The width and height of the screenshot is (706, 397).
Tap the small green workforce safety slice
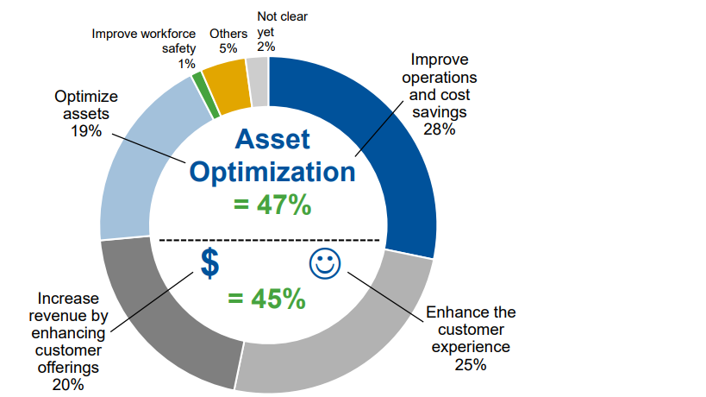[205, 94]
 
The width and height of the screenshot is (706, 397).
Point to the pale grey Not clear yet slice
[259, 82]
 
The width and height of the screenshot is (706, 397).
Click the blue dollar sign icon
[209, 263]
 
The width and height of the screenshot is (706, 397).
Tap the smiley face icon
[325, 263]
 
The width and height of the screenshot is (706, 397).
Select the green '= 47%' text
[272, 205]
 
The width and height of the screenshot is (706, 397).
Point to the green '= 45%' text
[266, 299]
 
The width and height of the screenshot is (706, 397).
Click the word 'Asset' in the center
[272, 139]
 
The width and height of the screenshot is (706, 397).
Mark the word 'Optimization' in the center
[272, 173]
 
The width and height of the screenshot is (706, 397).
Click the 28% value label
[440, 129]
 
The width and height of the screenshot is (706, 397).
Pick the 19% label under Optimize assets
[86, 131]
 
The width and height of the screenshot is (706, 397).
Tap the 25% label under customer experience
[471, 364]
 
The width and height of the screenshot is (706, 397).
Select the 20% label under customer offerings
[68, 385]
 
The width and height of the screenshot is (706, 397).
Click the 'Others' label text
[228, 34]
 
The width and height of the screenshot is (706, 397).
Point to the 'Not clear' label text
[282, 16]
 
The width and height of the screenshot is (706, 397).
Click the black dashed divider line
[269, 240]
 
